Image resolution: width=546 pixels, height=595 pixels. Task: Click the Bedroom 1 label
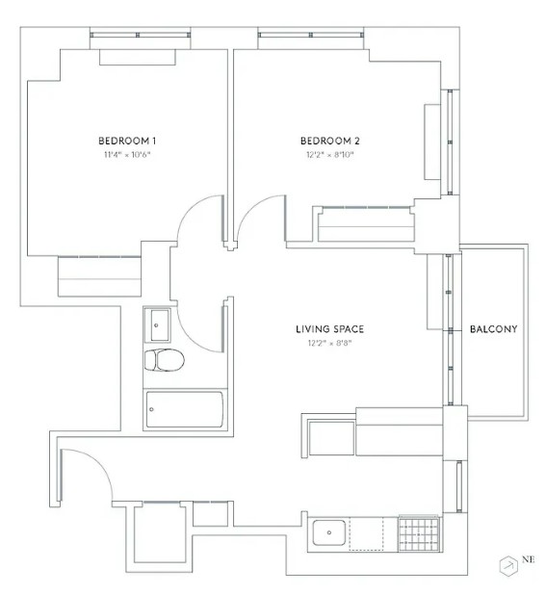(127, 141)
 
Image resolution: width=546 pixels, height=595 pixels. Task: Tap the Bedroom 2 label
(329, 141)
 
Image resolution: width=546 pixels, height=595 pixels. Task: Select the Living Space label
(329, 329)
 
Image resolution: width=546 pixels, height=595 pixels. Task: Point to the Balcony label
(493, 329)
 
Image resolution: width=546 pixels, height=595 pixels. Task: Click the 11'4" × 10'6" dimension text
(127, 154)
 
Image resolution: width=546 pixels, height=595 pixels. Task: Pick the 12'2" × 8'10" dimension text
(329, 154)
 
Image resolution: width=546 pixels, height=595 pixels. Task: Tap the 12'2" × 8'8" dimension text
(329, 343)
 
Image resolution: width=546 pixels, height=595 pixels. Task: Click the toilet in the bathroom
(165, 360)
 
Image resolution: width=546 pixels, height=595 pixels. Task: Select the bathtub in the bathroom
(185, 409)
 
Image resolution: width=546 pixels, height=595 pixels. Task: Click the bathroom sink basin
(160, 325)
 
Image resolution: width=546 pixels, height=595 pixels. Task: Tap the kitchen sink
(329, 532)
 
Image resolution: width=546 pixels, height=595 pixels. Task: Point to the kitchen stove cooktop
(419, 533)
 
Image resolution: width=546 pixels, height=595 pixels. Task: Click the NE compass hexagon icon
(508, 566)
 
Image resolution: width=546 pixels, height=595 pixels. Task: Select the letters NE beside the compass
(528, 559)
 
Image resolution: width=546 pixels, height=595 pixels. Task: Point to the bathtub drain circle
(151, 409)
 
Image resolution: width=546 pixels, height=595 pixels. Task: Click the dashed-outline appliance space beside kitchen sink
(366, 533)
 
